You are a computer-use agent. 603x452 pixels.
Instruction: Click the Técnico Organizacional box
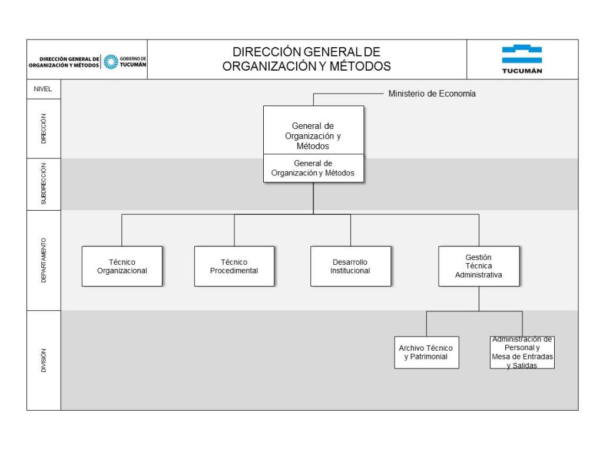click(122, 267)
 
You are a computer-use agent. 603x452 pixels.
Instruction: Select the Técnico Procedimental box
click(234, 267)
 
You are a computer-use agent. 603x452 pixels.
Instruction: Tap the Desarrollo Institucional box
click(351, 267)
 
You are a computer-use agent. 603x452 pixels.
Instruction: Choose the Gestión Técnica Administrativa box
click(479, 267)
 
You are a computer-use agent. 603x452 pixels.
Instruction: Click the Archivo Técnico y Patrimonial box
click(426, 353)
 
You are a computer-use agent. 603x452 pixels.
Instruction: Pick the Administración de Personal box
click(522, 353)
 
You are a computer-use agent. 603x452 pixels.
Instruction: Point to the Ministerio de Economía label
click(432, 94)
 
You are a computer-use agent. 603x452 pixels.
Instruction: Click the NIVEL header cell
click(44, 89)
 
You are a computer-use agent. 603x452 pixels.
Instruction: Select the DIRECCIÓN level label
click(44, 129)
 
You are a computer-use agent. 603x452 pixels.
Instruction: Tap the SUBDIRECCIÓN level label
click(44, 184)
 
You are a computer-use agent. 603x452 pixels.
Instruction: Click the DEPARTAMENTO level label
click(44, 260)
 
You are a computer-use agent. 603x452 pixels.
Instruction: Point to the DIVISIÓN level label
click(44, 361)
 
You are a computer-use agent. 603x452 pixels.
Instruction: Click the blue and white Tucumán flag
click(522, 54)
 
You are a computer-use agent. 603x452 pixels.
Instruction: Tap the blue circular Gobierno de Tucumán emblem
click(111, 62)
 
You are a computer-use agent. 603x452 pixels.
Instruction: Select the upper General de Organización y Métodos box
click(313, 130)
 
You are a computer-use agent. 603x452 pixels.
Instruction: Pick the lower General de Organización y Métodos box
click(313, 168)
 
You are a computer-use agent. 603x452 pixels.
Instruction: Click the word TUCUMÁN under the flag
click(522, 71)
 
